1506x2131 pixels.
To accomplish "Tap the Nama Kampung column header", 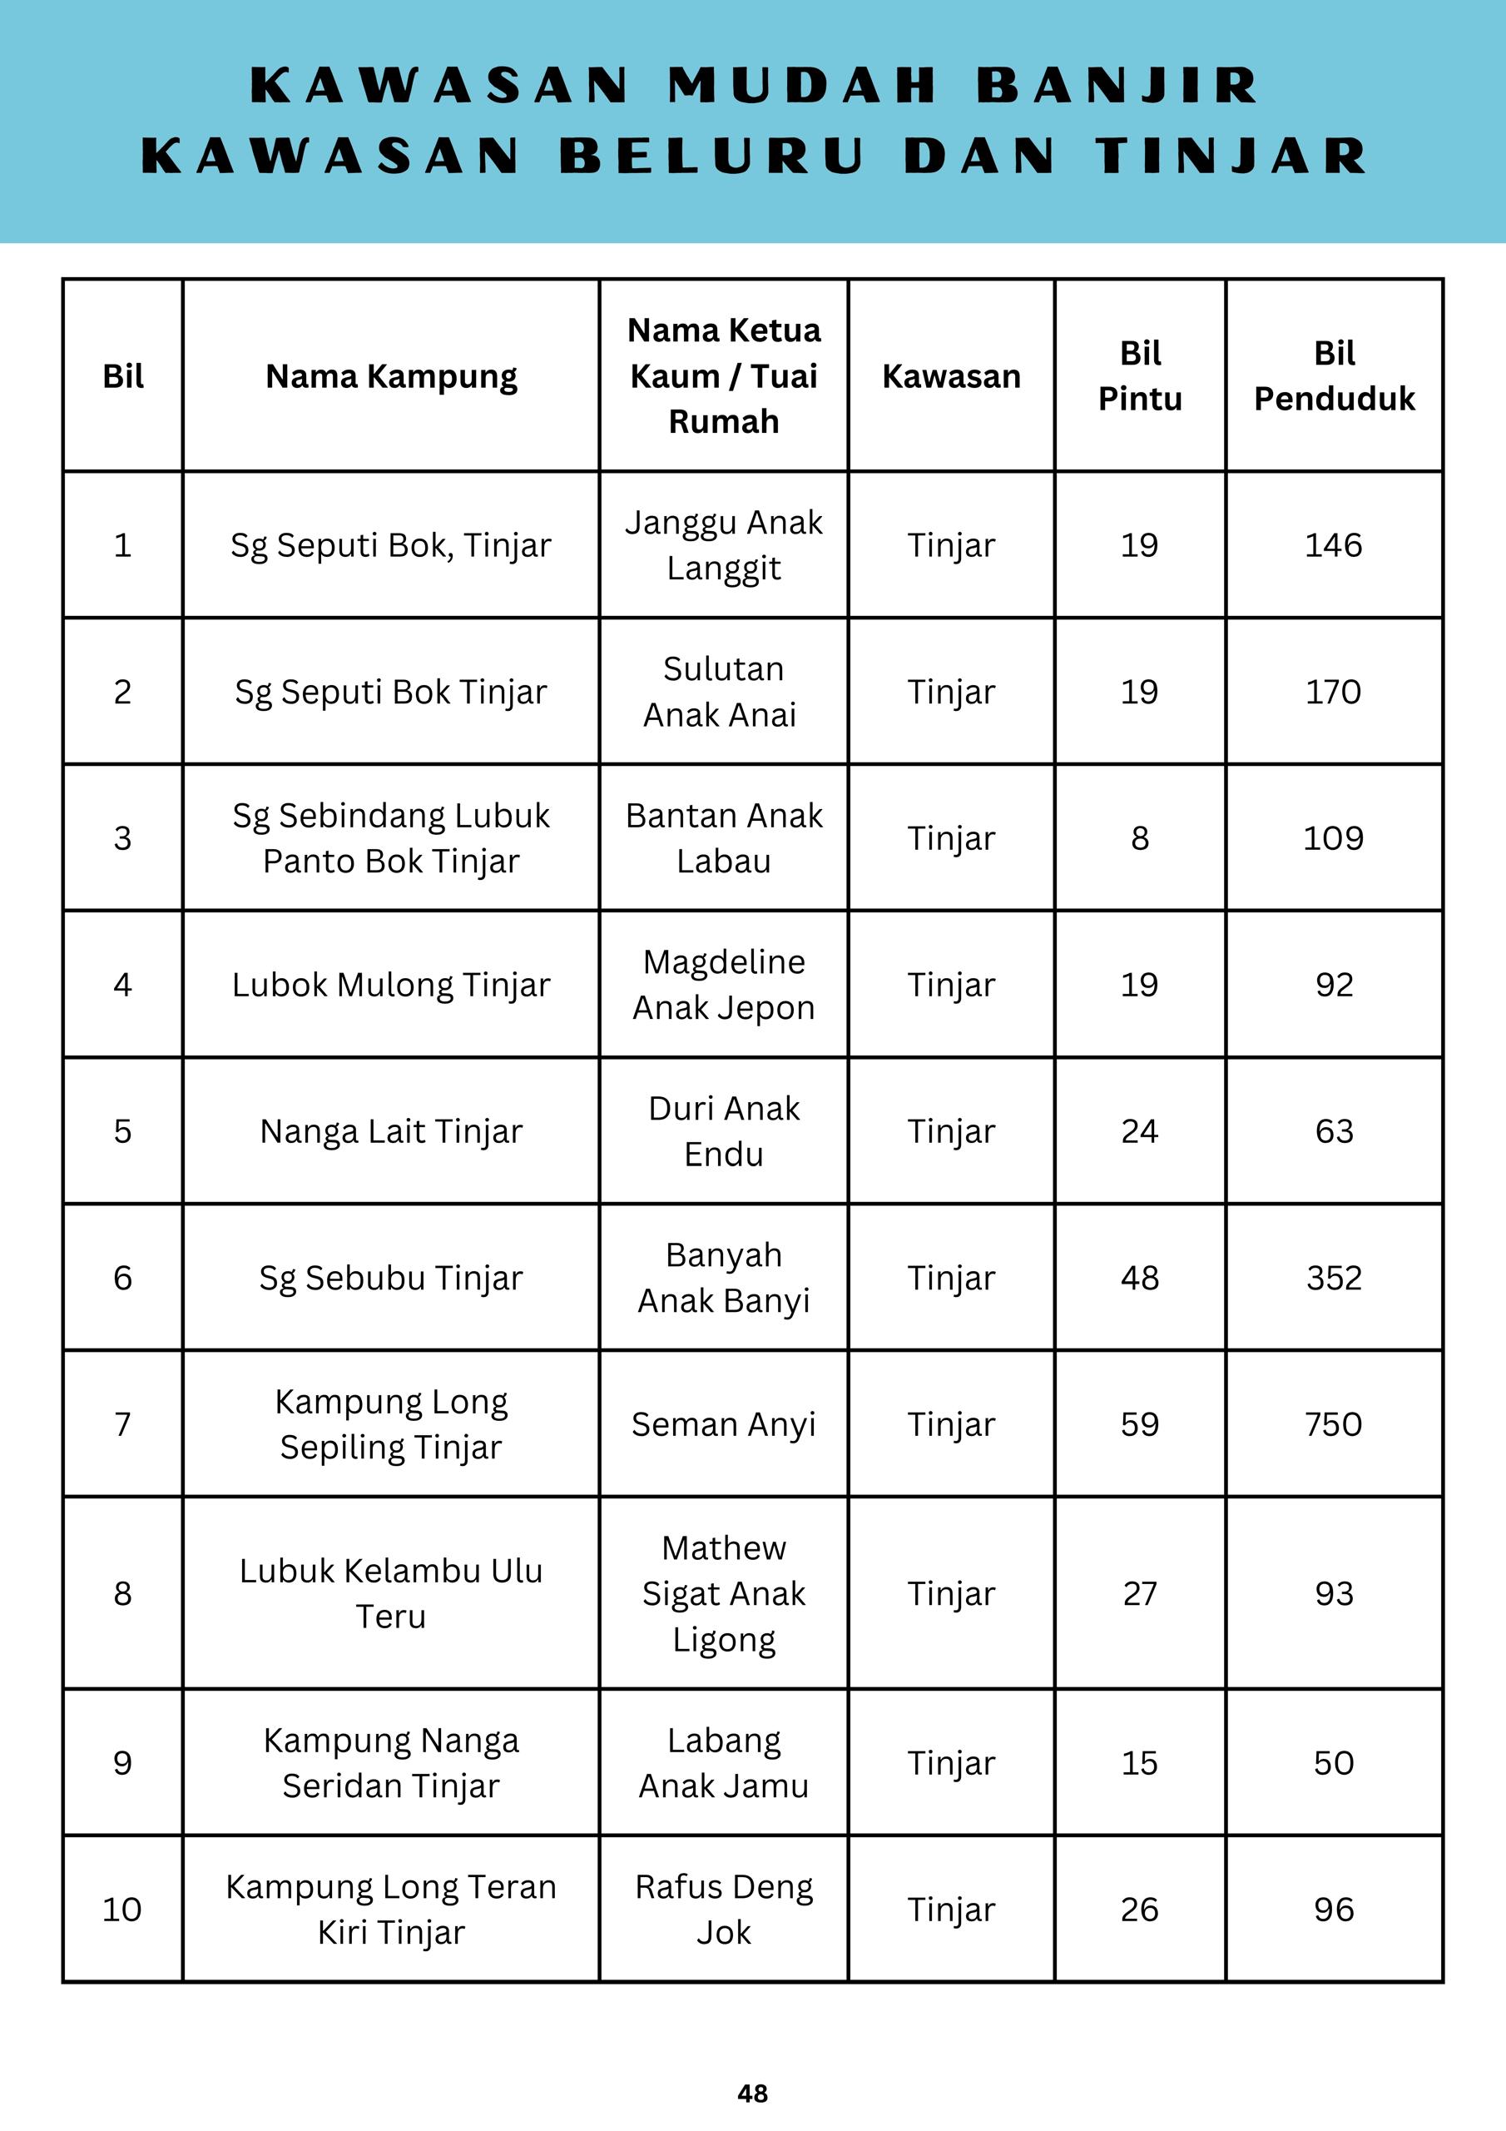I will tap(391, 376).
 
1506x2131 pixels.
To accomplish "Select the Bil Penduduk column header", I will tap(1334, 376).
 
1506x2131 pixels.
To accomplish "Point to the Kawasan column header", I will tap(951, 376).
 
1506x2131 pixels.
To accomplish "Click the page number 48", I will tap(752, 2092).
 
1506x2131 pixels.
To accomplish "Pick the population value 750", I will tap(1334, 1423).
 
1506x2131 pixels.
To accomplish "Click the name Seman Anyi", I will tap(723, 1423).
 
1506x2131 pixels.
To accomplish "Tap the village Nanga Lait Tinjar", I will tap(391, 1131).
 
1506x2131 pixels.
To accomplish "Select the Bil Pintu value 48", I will tap(1139, 1278).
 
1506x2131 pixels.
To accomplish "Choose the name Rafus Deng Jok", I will tap(723, 1910).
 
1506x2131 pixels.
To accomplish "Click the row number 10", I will tap(121, 1910).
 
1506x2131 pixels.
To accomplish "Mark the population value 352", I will tap(1334, 1278).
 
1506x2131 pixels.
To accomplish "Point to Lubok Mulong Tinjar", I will tap(391, 985).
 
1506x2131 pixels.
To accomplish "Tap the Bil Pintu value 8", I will tap(1139, 838).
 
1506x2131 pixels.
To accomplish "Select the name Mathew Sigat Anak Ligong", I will tap(723, 1593).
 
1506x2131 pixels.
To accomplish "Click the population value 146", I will tap(1334, 544).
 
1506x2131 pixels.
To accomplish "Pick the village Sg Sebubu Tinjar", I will tap(391, 1278).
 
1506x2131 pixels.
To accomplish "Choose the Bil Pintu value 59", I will tap(1139, 1423).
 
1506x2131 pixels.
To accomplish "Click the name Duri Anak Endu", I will tap(723, 1131).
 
